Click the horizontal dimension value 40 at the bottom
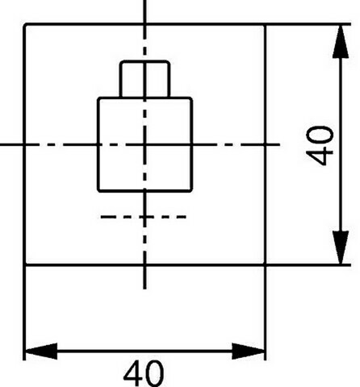point(144,373)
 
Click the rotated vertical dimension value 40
point(320,145)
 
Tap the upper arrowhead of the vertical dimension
point(341,41)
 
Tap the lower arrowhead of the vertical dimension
point(341,248)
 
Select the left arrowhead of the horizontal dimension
point(41,351)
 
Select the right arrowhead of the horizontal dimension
point(249,351)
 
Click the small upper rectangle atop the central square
point(145,79)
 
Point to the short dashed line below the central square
point(144,217)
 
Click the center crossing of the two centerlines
point(145,144)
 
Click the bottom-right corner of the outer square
point(266,265)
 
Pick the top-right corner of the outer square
point(266,24)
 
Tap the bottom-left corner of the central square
point(98,190)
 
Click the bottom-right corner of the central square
point(191,190)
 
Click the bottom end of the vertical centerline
point(145,289)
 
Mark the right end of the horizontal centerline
point(280,144)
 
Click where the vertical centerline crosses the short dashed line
point(145,217)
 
